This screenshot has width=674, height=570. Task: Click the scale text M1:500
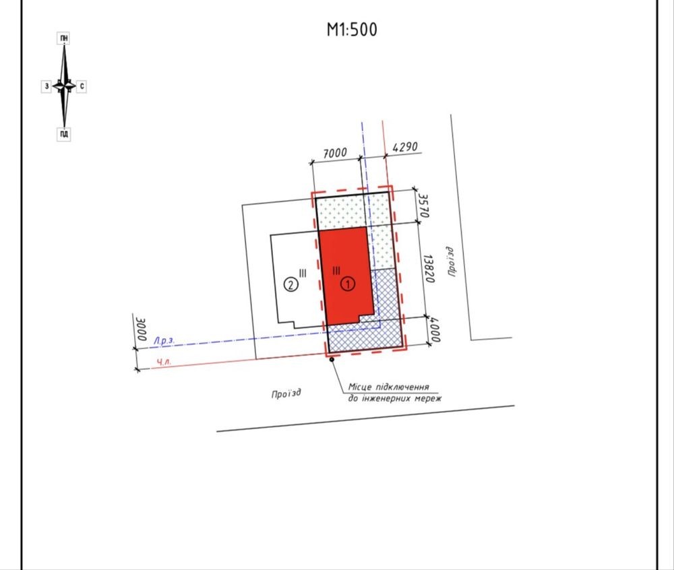point(352,30)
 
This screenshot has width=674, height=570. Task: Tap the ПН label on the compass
point(63,38)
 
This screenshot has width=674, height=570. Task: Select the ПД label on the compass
point(63,135)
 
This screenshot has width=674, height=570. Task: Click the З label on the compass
point(47,86)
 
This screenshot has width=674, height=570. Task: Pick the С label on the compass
point(82,86)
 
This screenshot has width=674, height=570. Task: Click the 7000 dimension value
point(334,153)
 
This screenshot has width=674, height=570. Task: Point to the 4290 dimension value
point(405,148)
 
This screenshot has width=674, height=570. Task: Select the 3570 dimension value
point(423,206)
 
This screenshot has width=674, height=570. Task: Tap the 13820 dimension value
point(429,269)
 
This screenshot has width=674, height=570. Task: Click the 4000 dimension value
point(434,330)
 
